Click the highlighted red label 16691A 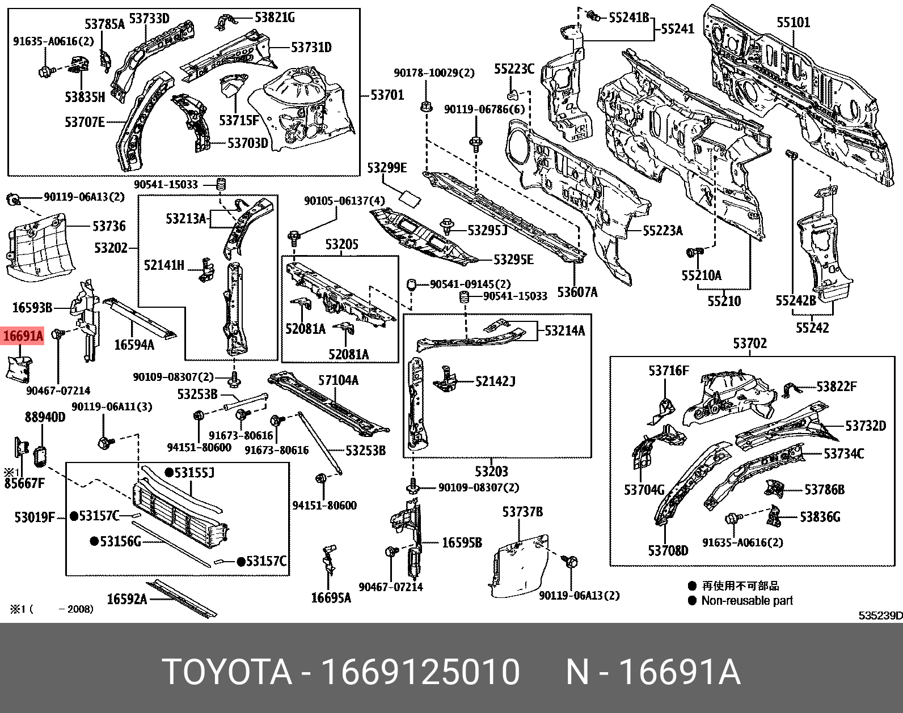coord(23,336)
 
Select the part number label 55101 coord(793,23)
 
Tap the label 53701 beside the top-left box coord(387,95)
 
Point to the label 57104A coord(338,380)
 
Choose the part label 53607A coord(577,292)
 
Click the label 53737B coord(522,512)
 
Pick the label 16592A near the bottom coord(127,599)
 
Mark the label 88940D coord(45,417)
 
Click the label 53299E coord(387,168)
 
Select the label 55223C coord(514,69)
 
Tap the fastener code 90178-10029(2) coord(434,73)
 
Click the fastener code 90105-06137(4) coord(344,201)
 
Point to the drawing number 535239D coord(880,616)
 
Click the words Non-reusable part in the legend coord(747,601)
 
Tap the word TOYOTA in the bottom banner coord(227,672)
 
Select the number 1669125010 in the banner coord(420,672)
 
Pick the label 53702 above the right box coord(749,343)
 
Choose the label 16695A coord(331,597)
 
